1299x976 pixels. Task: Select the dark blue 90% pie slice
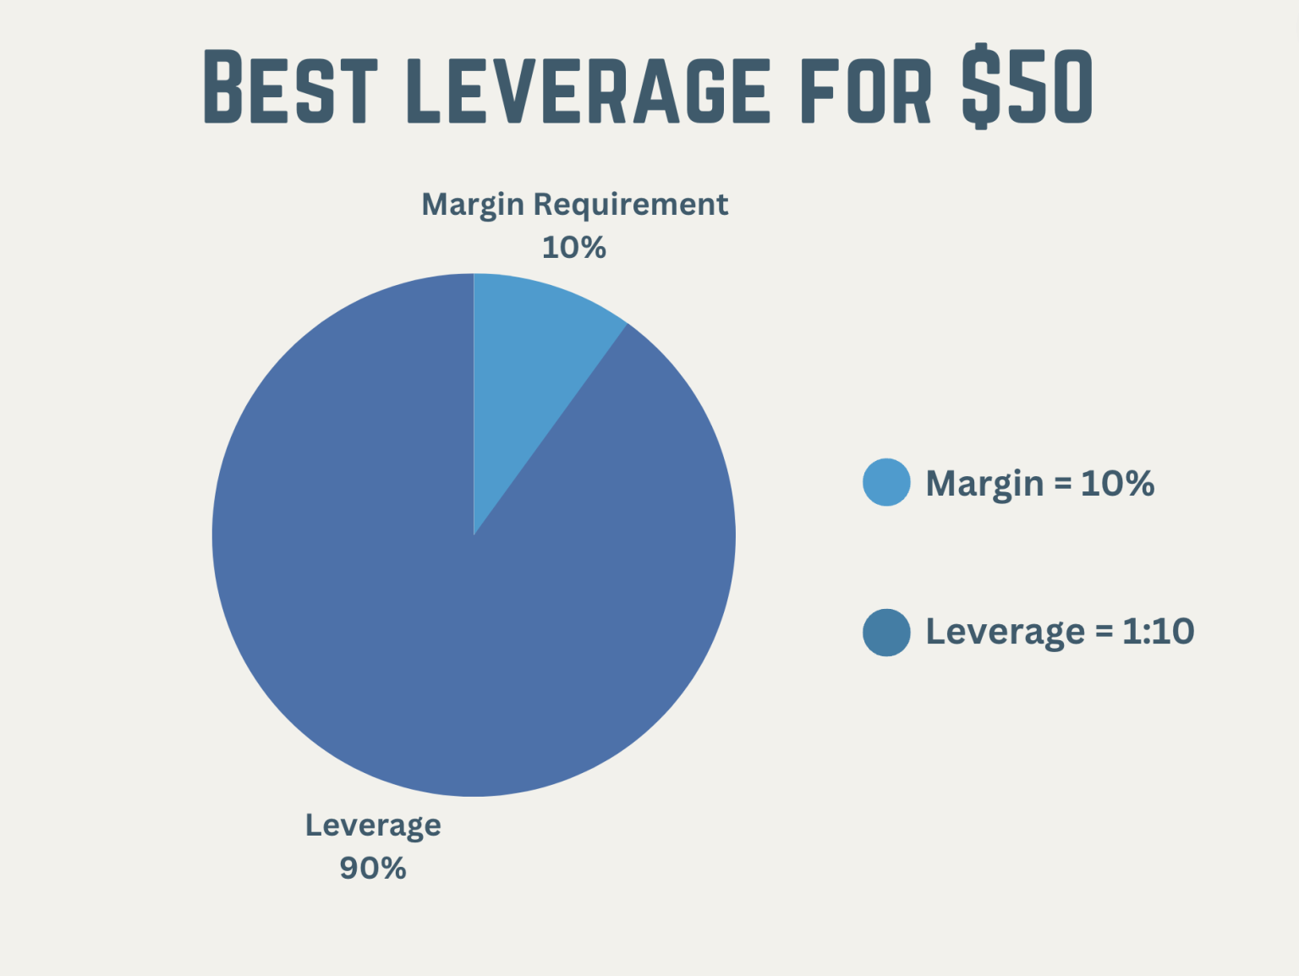coord(440,609)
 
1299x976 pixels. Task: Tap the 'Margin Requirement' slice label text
coord(574,205)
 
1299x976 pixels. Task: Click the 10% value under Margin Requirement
coord(574,248)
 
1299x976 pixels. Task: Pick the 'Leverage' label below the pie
coord(373,825)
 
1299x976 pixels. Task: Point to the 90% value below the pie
coord(373,869)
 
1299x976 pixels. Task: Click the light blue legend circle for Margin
coord(886,483)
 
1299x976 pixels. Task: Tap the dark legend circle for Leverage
coord(886,632)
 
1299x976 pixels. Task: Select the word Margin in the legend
coord(984,484)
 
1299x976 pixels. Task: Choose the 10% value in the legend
coord(1117,484)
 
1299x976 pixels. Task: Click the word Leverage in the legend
coord(1005,632)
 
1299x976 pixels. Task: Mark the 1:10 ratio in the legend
coord(1158,632)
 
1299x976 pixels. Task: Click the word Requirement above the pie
coord(631,205)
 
